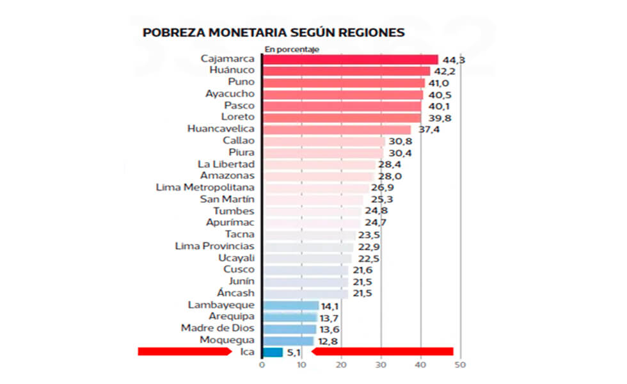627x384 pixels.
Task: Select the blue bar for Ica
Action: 272,351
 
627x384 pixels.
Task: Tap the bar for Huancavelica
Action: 337,129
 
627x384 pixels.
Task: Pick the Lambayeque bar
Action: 290,305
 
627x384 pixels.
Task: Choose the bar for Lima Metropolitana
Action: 316,188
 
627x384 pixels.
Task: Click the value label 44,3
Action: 452,60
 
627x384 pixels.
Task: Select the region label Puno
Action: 241,82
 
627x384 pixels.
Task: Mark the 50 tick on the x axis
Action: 459,366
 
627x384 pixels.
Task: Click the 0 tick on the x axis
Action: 262,366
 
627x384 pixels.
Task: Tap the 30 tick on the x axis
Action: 381,366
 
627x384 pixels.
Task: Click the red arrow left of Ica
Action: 186,351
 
